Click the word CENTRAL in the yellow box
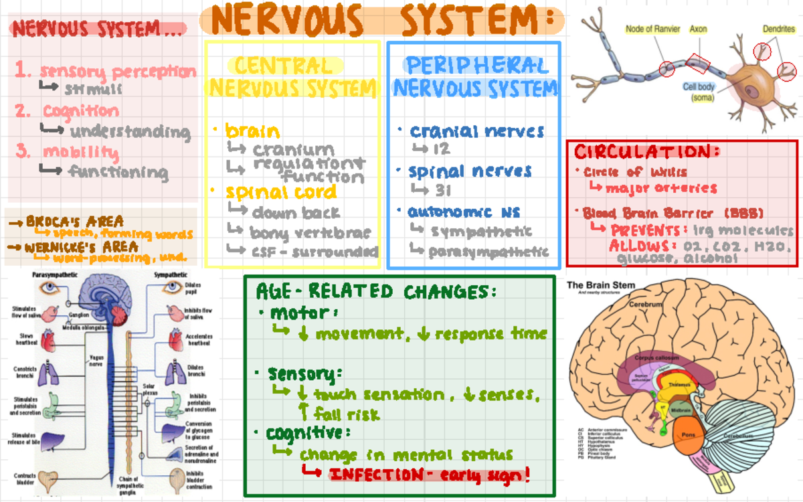[x=284, y=66]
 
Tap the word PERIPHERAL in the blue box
[x=476, y=65]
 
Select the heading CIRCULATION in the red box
[x=646, y=151]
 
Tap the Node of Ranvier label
[x=653, y=29]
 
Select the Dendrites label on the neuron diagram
[x=779, y=29]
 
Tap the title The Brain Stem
[x=602, y=284]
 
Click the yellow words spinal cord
[x=280, y=192]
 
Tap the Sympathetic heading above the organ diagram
[x=170, y=275]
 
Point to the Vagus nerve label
[x=96, y=361]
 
